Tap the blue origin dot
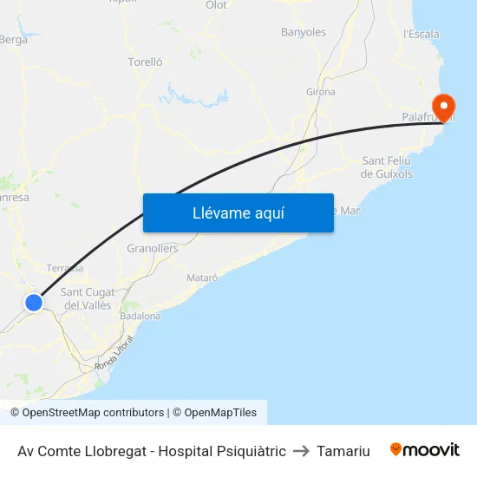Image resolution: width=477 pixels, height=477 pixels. tap(34, 302)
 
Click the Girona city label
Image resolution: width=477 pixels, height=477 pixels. tap(320, 92)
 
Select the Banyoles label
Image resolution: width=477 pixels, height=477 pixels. tap(304, 33)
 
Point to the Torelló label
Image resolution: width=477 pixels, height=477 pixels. tap(145, 62)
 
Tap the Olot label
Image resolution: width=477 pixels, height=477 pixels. tap(216, 5)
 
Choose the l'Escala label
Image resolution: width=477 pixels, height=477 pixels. tap(421, 35)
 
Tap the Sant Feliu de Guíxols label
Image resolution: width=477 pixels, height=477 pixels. tap(387, 167)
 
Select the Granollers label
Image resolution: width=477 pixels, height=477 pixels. tap(153, 249)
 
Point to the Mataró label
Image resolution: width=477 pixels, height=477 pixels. tap(202, 278)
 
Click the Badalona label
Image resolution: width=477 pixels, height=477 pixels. tap(140, 317)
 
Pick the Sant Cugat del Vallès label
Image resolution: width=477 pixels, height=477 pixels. tap(88, 298)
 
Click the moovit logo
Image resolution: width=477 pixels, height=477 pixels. tap(425, 450)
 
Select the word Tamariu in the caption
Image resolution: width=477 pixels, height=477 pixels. tap(343, 451)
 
